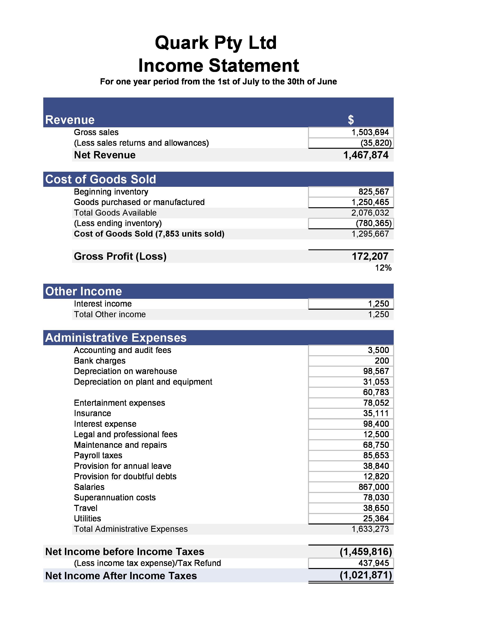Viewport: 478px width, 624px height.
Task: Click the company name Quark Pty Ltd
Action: (x=216, y=43)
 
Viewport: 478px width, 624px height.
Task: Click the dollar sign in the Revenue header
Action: (x=351, y=120)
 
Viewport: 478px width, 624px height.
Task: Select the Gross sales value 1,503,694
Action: (x=370, y=132)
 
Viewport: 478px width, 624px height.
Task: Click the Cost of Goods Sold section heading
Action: (x=100, y=179)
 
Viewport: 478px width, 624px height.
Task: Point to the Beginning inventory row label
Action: (x=111, y=192)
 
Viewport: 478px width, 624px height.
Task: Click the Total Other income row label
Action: (x=110, y=314)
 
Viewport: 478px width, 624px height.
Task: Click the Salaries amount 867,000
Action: (x=373, y=487)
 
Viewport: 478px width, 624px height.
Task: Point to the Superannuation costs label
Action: (x=115, y=497)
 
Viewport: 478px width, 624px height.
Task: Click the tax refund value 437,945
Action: (x=373, y=563)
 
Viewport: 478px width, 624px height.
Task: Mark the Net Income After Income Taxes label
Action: (x=121, y=576)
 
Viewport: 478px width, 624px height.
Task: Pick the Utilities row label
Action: (x=87, y=518)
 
